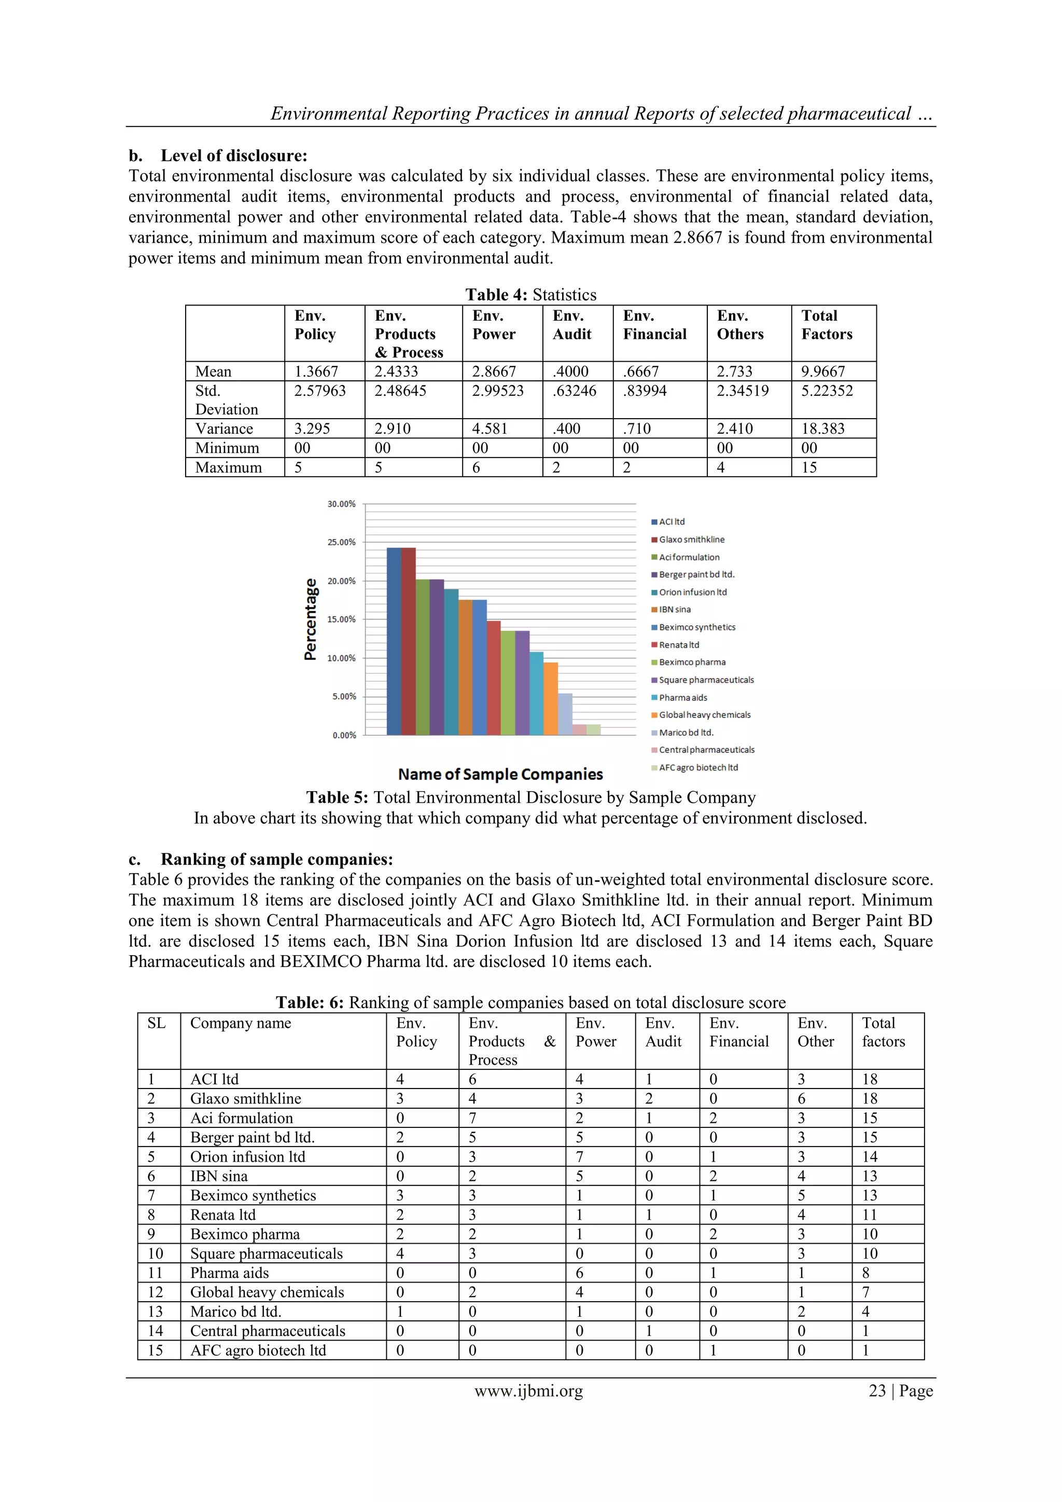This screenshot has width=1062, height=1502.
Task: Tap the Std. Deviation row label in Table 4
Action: point(226,399)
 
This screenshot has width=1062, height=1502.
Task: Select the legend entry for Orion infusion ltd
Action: point(692,592)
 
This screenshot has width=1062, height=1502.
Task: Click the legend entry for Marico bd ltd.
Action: point(686,733)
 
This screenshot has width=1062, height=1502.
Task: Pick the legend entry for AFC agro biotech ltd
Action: point(698,767)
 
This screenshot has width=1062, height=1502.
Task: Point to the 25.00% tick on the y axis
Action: point(341,542)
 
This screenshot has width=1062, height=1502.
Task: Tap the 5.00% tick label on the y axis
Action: point(343,697)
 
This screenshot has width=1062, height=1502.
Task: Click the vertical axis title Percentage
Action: point(311,619)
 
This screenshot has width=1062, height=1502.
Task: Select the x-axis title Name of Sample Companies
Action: point(500,775)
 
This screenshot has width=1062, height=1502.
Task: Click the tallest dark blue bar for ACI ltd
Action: point(394,641)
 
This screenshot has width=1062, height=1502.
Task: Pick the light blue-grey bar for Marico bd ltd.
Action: point(565,714)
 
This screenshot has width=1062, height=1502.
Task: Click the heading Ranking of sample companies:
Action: point(276,859)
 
